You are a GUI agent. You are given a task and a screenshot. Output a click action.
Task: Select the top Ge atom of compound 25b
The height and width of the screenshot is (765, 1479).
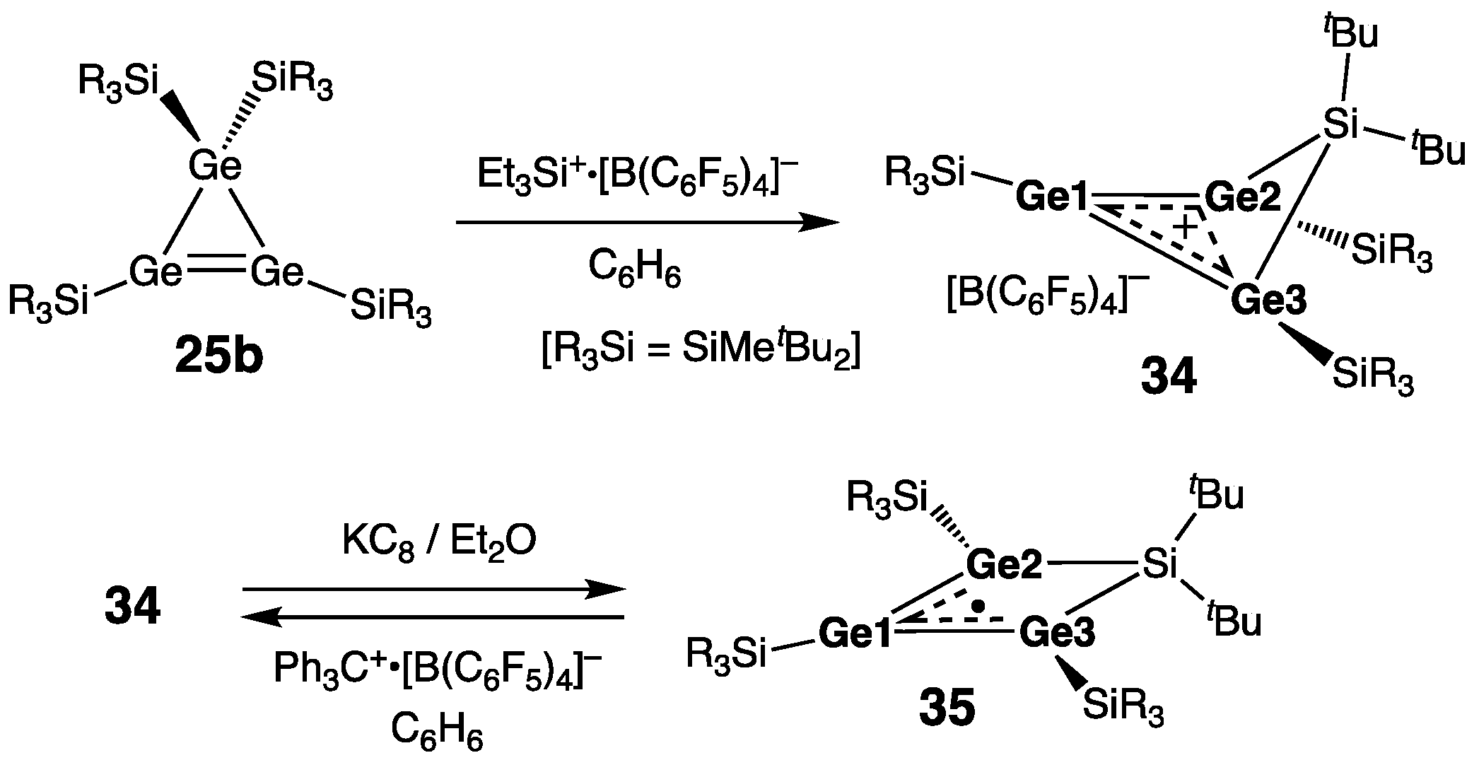tap(215, 168)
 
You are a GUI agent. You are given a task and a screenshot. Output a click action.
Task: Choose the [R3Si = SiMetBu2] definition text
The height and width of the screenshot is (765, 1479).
tap(701, 352)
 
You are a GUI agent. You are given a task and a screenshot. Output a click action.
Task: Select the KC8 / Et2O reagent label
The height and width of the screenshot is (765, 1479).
tap(439, 541)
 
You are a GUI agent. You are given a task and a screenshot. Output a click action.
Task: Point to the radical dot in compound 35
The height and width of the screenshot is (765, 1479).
tap(978, 606)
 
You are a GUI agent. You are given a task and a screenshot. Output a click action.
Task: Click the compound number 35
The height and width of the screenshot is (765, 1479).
tap(947, 709)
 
